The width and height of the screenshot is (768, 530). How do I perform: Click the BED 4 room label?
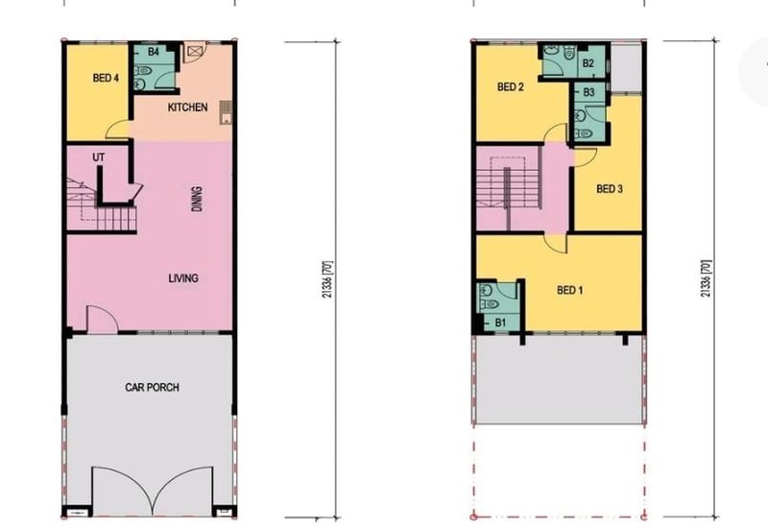(x=106, y=78)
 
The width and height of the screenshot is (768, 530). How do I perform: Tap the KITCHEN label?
(x=187, y=108)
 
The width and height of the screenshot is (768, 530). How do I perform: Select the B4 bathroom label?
(x=154, y=52)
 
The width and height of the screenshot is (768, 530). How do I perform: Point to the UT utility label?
(x=99, y=157)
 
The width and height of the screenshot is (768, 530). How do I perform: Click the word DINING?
(x=197, y=199)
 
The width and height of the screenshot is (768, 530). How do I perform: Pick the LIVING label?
(x=183, y=278)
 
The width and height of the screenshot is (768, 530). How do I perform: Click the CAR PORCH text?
(x=152, y=388)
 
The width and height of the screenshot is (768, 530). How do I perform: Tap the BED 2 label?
(x=511, y=87)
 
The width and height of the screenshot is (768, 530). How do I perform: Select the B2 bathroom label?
(x=588, y=63)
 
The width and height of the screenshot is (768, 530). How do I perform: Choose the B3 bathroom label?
(x=588, y=92)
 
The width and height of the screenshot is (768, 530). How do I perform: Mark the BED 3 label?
(x=610, y=188)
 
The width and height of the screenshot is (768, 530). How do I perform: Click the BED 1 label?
(x=570, y=290)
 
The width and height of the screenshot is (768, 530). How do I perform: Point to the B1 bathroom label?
(x=500, y=323)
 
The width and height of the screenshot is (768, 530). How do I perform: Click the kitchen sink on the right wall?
(x=226, y=112)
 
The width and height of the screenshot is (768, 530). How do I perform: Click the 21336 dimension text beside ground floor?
(x=327, y=279)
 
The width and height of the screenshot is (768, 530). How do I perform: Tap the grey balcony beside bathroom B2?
(x=626, y=68)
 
